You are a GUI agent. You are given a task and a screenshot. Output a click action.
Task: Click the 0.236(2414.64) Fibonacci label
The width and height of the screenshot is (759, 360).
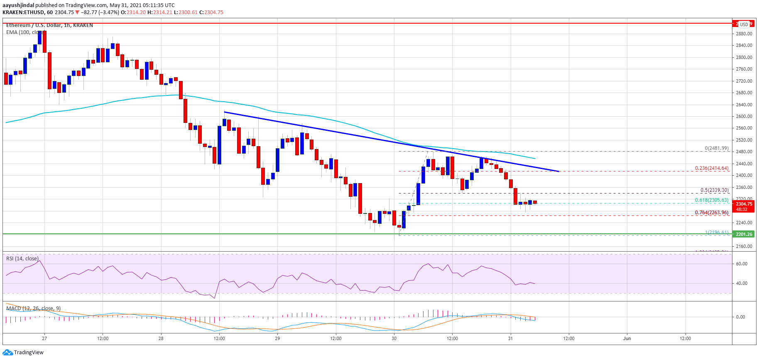coord(712,168)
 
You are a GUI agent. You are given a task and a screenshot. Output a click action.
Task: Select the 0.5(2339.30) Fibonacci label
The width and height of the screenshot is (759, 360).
coord(714,190)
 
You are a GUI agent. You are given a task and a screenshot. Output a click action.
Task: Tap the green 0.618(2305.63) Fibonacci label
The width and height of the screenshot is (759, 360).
coord(712,200)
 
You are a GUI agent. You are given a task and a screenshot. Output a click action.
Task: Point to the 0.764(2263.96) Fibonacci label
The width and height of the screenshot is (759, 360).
coord(712,213)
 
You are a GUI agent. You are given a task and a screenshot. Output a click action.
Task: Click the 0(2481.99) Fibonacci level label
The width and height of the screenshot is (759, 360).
coord(716,148)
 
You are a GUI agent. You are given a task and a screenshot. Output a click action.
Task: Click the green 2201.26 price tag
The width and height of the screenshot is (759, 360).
coord(744,234)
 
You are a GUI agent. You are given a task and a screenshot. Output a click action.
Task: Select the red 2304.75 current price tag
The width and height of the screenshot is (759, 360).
coord(744,204)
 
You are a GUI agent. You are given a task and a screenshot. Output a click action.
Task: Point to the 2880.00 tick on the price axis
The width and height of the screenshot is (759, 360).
coord(744,34)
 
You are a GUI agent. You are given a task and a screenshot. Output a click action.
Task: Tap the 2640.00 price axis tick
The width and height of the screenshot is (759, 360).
coord(744,105)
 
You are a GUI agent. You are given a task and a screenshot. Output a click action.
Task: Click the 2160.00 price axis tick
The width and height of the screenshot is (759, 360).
coord(744,246)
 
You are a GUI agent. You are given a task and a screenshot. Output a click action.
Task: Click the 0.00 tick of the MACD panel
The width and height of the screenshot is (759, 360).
coord(740,317)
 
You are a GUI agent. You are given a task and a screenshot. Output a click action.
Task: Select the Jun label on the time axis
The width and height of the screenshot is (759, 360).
coord(627,338)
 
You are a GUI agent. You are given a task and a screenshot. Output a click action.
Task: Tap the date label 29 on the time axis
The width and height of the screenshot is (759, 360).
coord(277,338)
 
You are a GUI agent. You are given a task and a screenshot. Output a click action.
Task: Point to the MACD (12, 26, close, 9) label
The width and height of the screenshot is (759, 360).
coord(33,308)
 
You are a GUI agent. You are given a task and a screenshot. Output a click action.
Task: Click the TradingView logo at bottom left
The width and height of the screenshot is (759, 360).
coord(23,353)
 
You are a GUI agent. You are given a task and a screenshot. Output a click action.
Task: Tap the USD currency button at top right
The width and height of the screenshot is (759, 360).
coord(744,24)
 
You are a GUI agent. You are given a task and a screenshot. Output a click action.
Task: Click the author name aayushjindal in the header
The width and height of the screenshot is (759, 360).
coord(18,5)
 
